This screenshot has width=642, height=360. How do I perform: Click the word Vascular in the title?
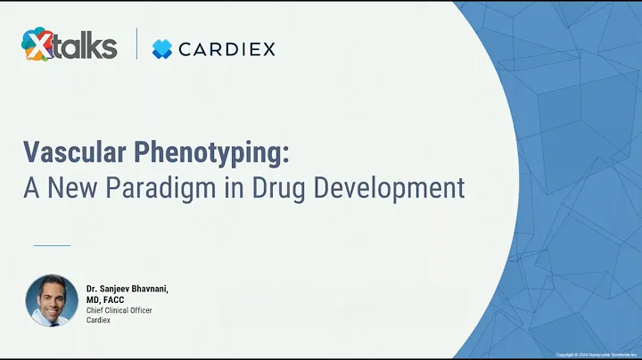(74, 152)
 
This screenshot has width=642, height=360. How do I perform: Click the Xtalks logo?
(70, 45)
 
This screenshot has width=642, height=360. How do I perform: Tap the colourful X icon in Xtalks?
(37, 45)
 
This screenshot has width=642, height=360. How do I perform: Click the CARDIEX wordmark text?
(227, 49)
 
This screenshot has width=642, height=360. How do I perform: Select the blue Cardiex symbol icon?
(161, 49)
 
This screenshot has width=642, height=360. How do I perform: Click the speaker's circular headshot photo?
(52, 300)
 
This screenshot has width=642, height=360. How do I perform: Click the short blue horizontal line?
(52, 244)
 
